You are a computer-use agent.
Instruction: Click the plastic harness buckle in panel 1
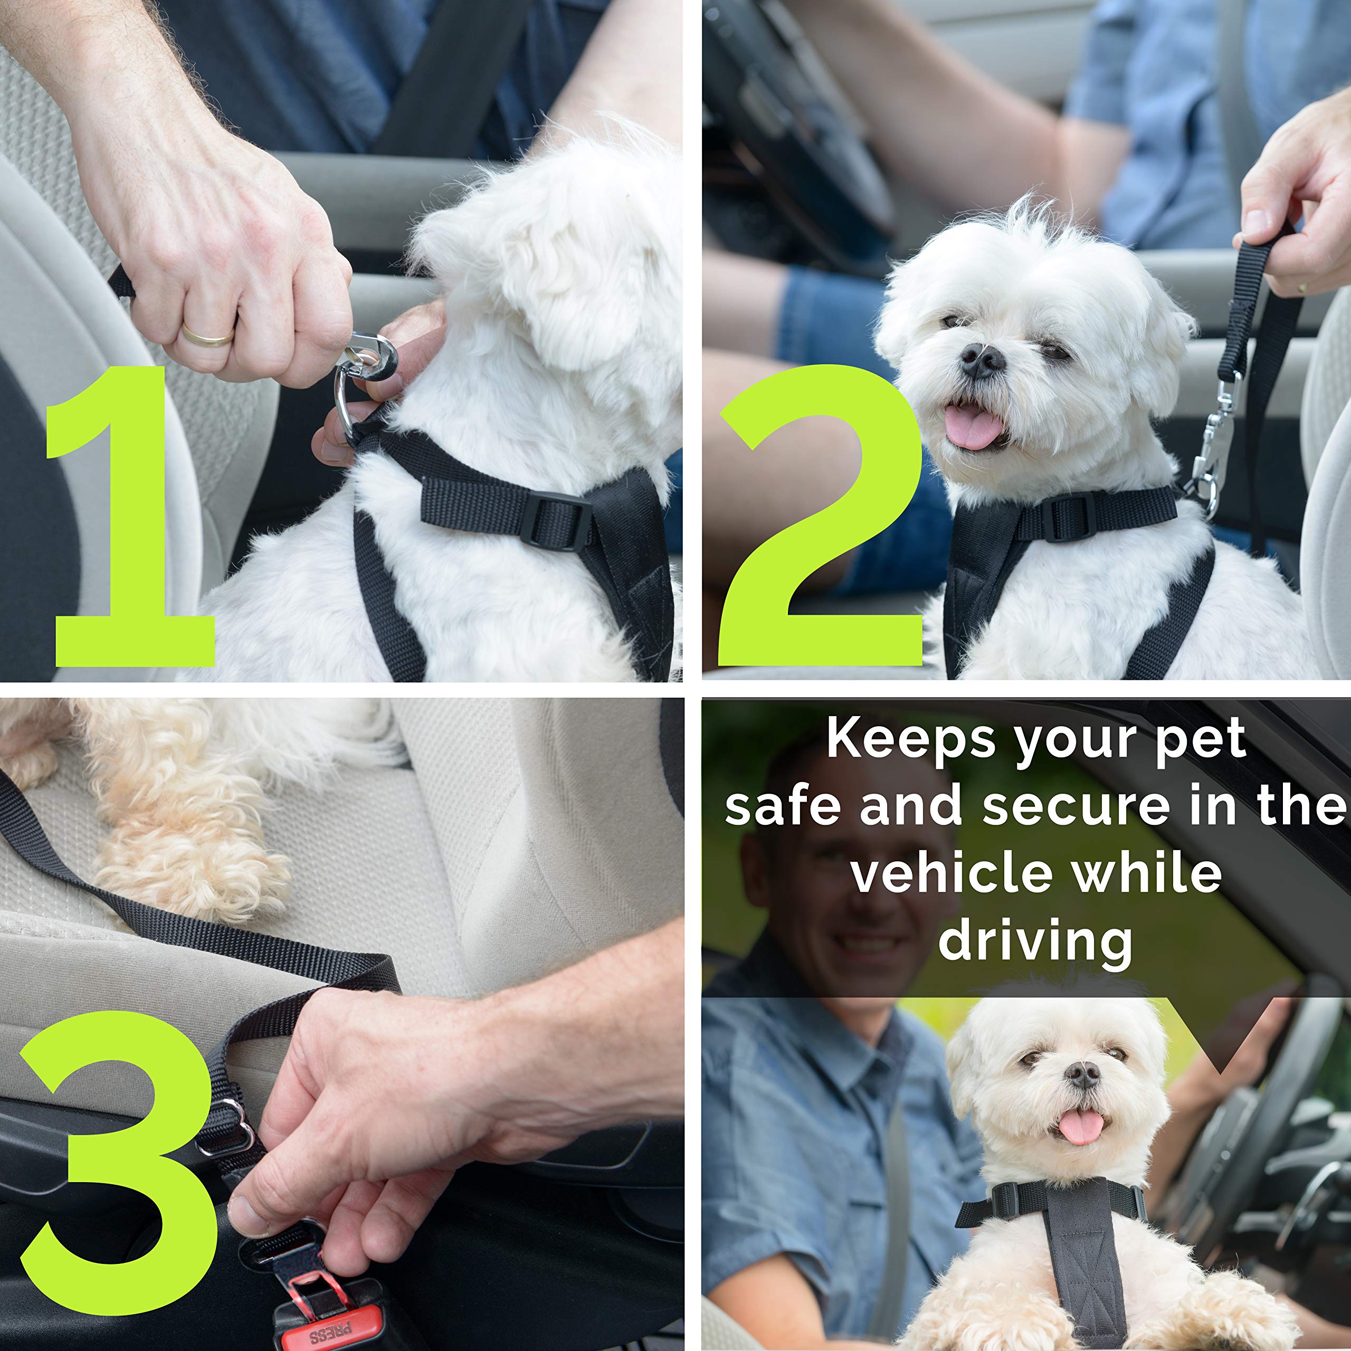point(556,520)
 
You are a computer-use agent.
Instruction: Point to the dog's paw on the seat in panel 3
point(189,874)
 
